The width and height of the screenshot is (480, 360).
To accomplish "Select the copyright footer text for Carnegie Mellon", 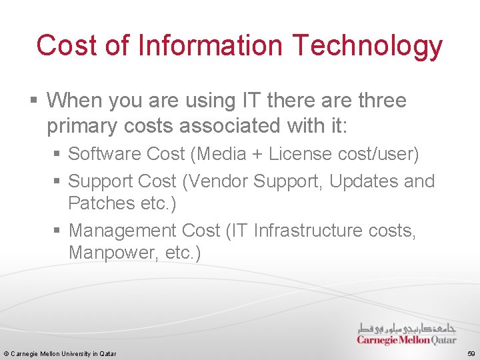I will point(60,353).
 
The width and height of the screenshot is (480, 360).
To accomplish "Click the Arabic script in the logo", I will point(407,328).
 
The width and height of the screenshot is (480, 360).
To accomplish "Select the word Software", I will point(105,154).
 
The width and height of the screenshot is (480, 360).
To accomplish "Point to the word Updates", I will point(366,181).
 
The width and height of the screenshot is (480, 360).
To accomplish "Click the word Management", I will point(126,231).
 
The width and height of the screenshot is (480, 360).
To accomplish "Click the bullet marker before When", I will point(33,101).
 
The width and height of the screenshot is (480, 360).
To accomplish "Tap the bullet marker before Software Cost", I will point(58,155).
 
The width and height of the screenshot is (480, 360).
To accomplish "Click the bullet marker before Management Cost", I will point(58,231).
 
